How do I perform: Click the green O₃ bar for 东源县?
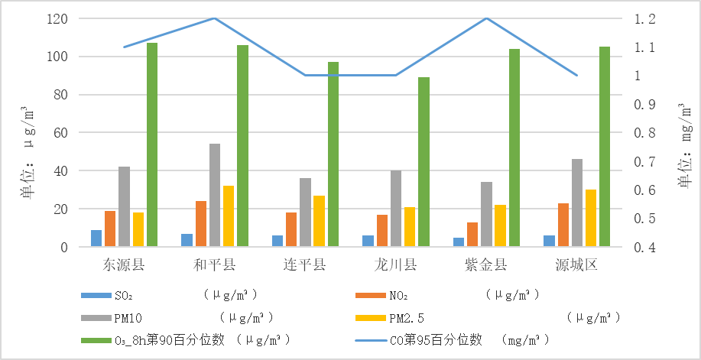click(152, 144)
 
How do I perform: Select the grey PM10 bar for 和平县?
click(215, 195)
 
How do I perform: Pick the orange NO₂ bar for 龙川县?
click(381, 231)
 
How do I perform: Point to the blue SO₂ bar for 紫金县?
click(459, 242)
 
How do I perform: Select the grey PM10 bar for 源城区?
click(577, 203)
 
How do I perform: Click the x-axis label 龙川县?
click(395, 265)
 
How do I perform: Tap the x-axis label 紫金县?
click(486, 265)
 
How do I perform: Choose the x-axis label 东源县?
click(124, 265)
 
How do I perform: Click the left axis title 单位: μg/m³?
click(28, 153)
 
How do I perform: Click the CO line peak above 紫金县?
click(486, 18)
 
